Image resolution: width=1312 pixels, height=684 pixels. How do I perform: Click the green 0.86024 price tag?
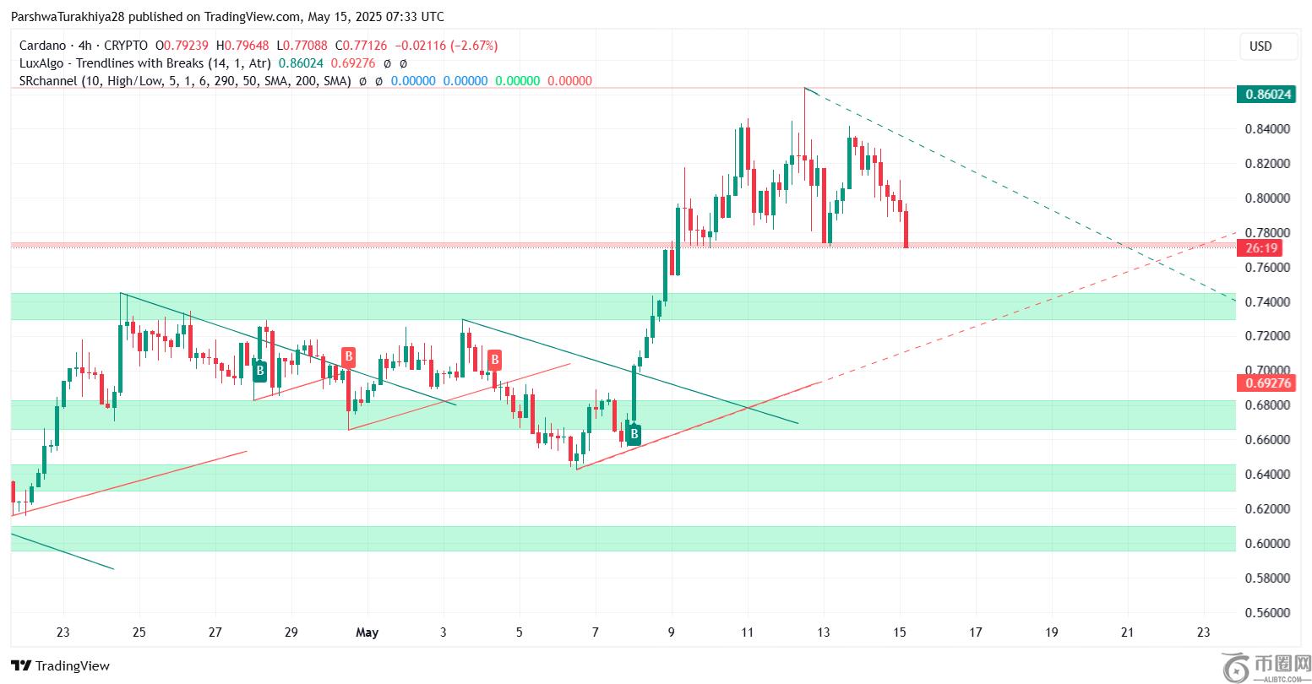[x=1265, y=95]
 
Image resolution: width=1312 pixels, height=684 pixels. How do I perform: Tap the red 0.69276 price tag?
[x=1265, y=383]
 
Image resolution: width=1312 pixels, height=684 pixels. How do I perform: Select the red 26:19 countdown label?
[x=1262, y=248]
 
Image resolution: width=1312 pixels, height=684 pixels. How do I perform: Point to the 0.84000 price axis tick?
[x=1267, y=129]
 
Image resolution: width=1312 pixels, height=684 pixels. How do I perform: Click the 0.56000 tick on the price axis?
[x=1267, y=612]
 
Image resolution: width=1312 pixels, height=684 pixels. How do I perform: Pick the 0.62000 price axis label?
[x=1267, y=508]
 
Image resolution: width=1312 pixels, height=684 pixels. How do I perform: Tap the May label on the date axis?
[x=367, y=632]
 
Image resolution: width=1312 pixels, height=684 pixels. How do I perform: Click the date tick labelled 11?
[x=747, y=632]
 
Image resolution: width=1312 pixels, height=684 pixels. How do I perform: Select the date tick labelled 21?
[x=1127, y=632]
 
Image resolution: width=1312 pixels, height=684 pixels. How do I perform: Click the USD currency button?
[x=1260, y=46]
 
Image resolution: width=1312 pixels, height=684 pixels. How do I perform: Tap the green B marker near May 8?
[x=633, y=436]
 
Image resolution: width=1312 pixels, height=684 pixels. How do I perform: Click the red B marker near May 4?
[x=494, y=360]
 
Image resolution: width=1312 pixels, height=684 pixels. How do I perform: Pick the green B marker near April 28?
[x=260, y=370]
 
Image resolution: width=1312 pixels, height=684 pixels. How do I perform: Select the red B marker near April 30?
[x=347, y=356]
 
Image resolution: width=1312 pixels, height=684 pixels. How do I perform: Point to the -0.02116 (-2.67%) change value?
[x=450, y=46]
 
